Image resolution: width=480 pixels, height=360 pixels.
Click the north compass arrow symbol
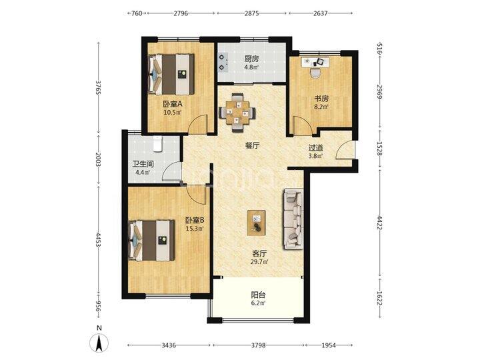click(x=99, y=342)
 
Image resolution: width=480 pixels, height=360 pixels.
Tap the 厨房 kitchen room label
click(x=251, y=59)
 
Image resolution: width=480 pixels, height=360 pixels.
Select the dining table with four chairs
click(x=237, y=113)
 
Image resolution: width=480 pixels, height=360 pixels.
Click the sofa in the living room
click(x=293, y=219)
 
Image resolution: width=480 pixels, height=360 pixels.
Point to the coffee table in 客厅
click(x=256, y=223)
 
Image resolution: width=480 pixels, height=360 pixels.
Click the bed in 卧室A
click(x=171, y=75)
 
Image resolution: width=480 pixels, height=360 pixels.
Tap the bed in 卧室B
click(x=151, y=240)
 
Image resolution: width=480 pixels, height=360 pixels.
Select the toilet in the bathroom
click(x=157, y=144)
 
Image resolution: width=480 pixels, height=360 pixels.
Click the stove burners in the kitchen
click(x=222, y=62)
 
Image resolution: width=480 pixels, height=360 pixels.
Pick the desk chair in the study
click(x=315, y=73)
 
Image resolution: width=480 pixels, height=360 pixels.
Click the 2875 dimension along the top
click(x=251, y=13)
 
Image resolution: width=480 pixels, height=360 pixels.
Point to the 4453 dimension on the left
click(x=98, y=239)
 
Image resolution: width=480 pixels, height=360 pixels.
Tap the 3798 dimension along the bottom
click(x=258, y=345)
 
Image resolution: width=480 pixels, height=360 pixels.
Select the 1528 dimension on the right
click(x=379, y=149)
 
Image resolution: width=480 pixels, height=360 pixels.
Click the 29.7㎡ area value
click(x=260, y=262)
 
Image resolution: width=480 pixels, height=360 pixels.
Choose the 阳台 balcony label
click(x=258, y=295)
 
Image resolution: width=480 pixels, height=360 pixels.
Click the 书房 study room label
click(x=321, y=99)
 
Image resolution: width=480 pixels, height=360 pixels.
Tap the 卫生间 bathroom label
click(x=143, y=164)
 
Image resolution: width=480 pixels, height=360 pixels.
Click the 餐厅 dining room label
click(x=252, y=146)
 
